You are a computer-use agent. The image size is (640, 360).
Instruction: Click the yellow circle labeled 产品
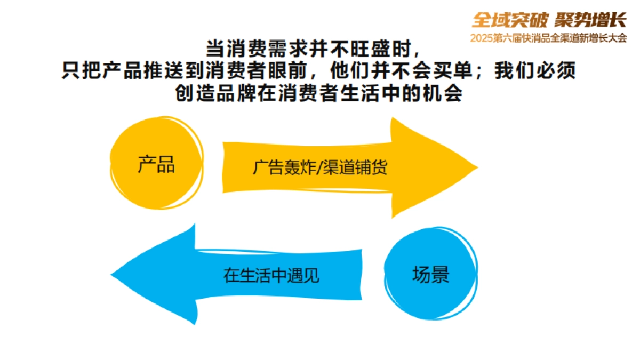click(x=156, y=164)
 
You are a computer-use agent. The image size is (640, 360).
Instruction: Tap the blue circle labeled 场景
click(x=430, y=274)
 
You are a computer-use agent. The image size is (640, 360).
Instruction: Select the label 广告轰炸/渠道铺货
click(x=320, y=167)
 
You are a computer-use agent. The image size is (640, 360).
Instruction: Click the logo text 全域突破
click(x=510, y=20)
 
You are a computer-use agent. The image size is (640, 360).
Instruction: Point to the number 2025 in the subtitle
click(x=482, y=38)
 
